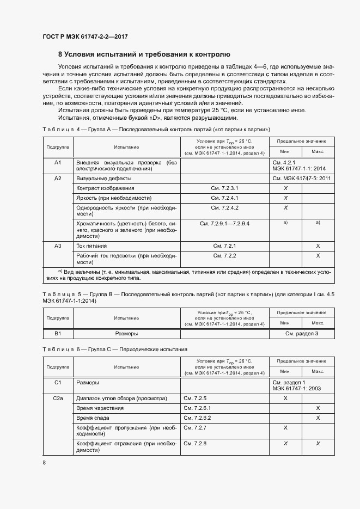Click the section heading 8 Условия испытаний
point(144,54)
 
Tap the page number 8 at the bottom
point(44,463)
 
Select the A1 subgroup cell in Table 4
point(58,162)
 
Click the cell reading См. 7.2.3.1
point(225,188)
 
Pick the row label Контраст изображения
point(105,188)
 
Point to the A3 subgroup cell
point(58,246)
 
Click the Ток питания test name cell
point(90,246)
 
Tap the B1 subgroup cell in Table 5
point(58,333)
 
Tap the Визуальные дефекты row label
point(103,178)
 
